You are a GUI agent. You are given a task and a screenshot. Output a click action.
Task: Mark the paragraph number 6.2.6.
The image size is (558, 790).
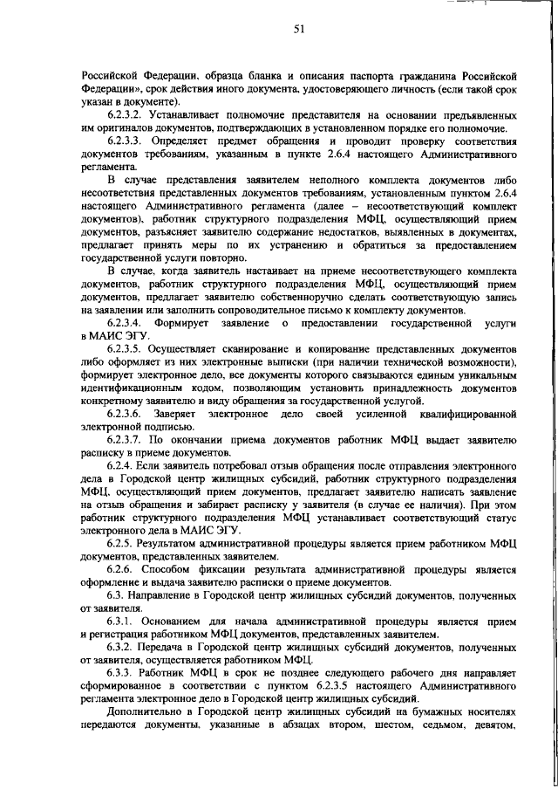coord(120,569)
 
